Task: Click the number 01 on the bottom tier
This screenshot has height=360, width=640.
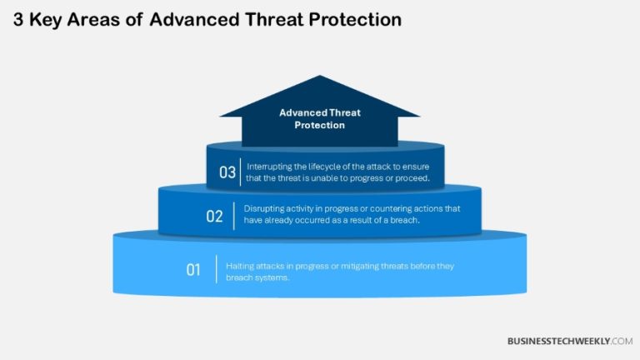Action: [x=193, y=269]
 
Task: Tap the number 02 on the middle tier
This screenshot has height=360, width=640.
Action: [x=214, y=217]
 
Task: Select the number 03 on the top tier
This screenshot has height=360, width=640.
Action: [x=227, y=172]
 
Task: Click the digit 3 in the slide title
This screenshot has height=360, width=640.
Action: [x=19, y=18]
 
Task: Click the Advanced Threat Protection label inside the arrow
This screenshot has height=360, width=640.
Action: [x=319, y=118]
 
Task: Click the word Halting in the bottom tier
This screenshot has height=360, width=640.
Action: [x=241, y=266]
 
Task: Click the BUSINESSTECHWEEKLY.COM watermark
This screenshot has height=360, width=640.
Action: [x=570, y=341]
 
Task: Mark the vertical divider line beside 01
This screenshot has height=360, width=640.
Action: [x=217, y=269]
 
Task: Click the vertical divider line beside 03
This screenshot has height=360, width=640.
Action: [x=241, y=172]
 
